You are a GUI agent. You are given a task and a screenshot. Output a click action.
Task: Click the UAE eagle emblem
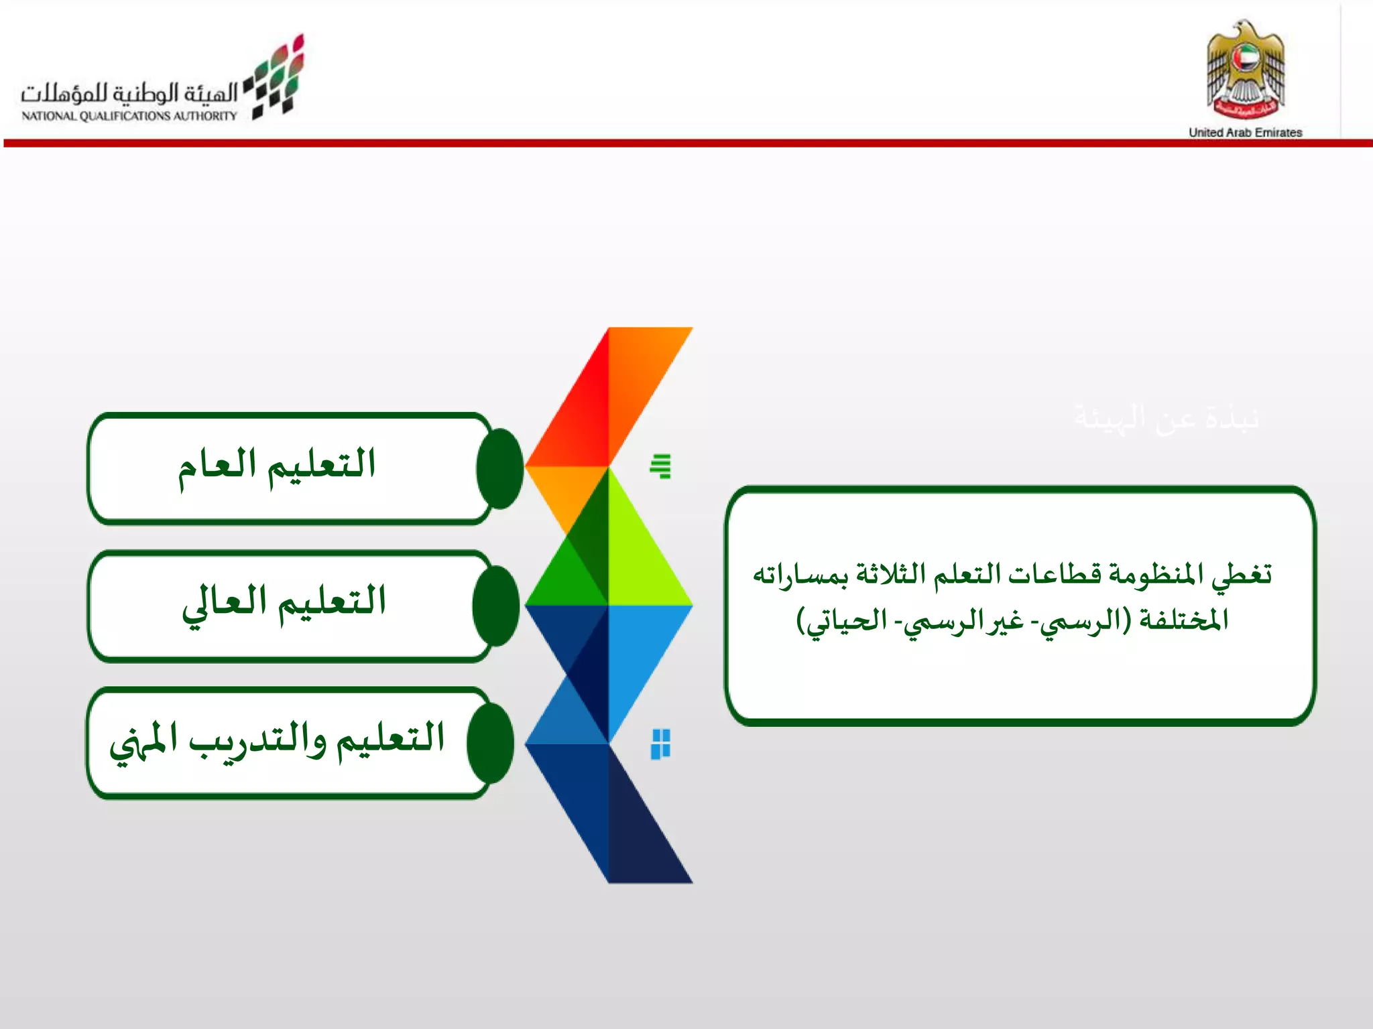[x=1246, y=70]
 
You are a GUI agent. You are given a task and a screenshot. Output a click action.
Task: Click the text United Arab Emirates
[x=1245, y=133]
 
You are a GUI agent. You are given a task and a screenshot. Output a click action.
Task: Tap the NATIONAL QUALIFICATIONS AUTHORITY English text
[x=129, y=116]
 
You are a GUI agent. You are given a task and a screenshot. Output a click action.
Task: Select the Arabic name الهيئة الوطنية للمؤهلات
[x=129, y=92]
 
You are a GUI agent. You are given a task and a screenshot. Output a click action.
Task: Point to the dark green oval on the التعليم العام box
[x=499, y=468]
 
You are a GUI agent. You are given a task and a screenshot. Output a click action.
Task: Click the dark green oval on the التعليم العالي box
[x=496, y=606]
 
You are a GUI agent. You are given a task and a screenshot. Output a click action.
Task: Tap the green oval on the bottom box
[x=491, y=743]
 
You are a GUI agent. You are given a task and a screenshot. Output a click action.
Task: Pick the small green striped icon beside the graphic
[x=661, y=466]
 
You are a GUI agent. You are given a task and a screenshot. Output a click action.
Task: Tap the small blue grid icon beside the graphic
[x=661, y=744]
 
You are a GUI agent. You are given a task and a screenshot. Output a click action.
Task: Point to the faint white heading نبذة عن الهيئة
[x=1167, y=418]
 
